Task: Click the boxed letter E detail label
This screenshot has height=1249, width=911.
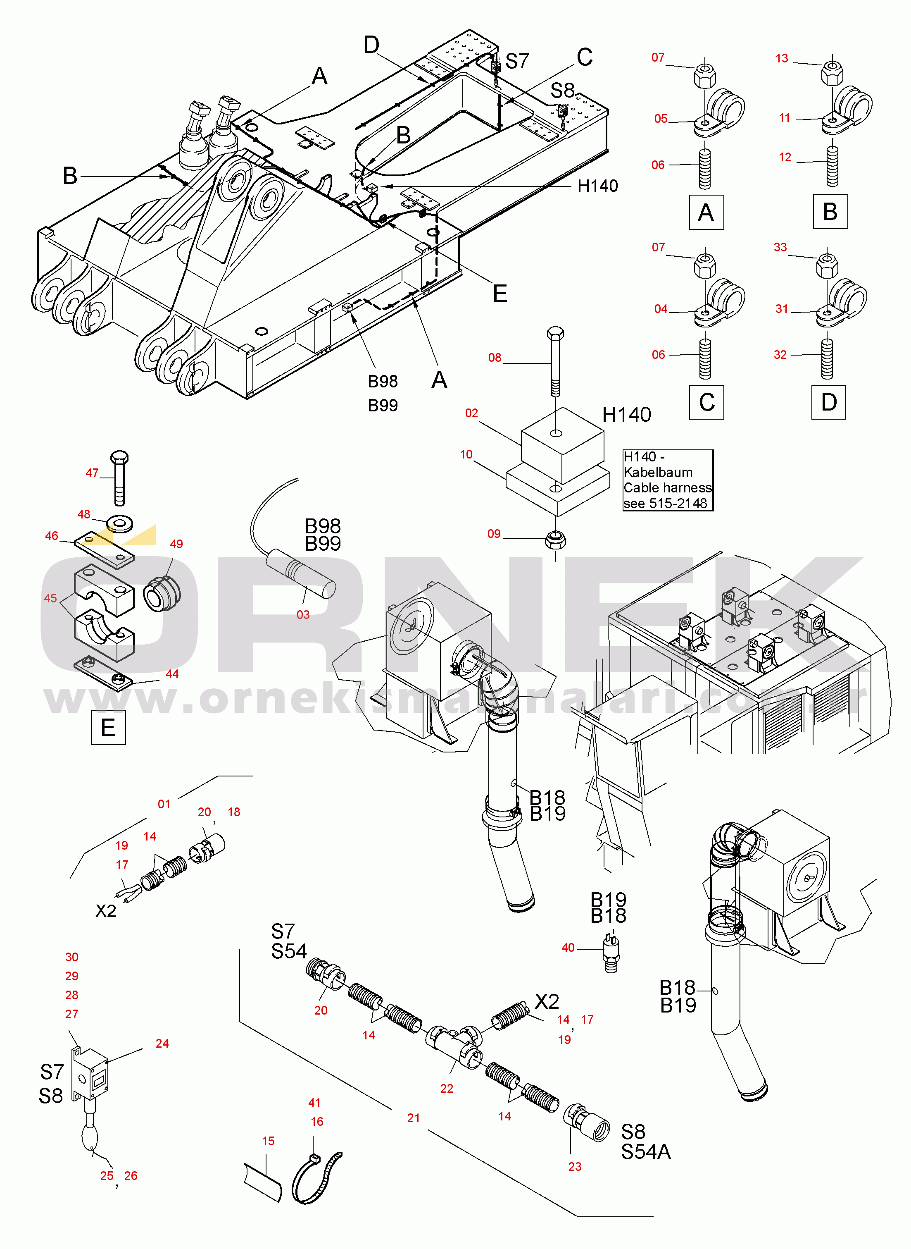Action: tap(108, 728)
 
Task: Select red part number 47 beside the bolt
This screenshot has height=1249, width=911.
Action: tap(92, 473)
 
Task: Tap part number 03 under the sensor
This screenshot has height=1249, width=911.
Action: tap(303, 614)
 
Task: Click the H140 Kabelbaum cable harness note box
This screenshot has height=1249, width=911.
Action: tap(667, 480)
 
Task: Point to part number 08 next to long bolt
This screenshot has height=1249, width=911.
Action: tap(495, 358)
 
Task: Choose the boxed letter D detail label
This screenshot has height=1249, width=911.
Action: tap(828, 402)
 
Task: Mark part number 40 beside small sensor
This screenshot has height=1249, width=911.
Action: tap(568, 948)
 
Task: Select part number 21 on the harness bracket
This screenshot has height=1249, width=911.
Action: tap(414, 1118)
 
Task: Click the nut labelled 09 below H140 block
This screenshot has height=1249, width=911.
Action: tap(555, 540)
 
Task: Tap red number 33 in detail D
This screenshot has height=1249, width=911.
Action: tap(780, 248)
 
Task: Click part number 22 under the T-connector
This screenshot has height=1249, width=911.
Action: tap(447, 1089)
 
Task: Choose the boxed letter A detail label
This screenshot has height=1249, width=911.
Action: tap(706, 213)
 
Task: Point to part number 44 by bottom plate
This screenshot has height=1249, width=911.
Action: tap(172, 674)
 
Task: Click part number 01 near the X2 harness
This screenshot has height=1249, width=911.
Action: tap(164, 805)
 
